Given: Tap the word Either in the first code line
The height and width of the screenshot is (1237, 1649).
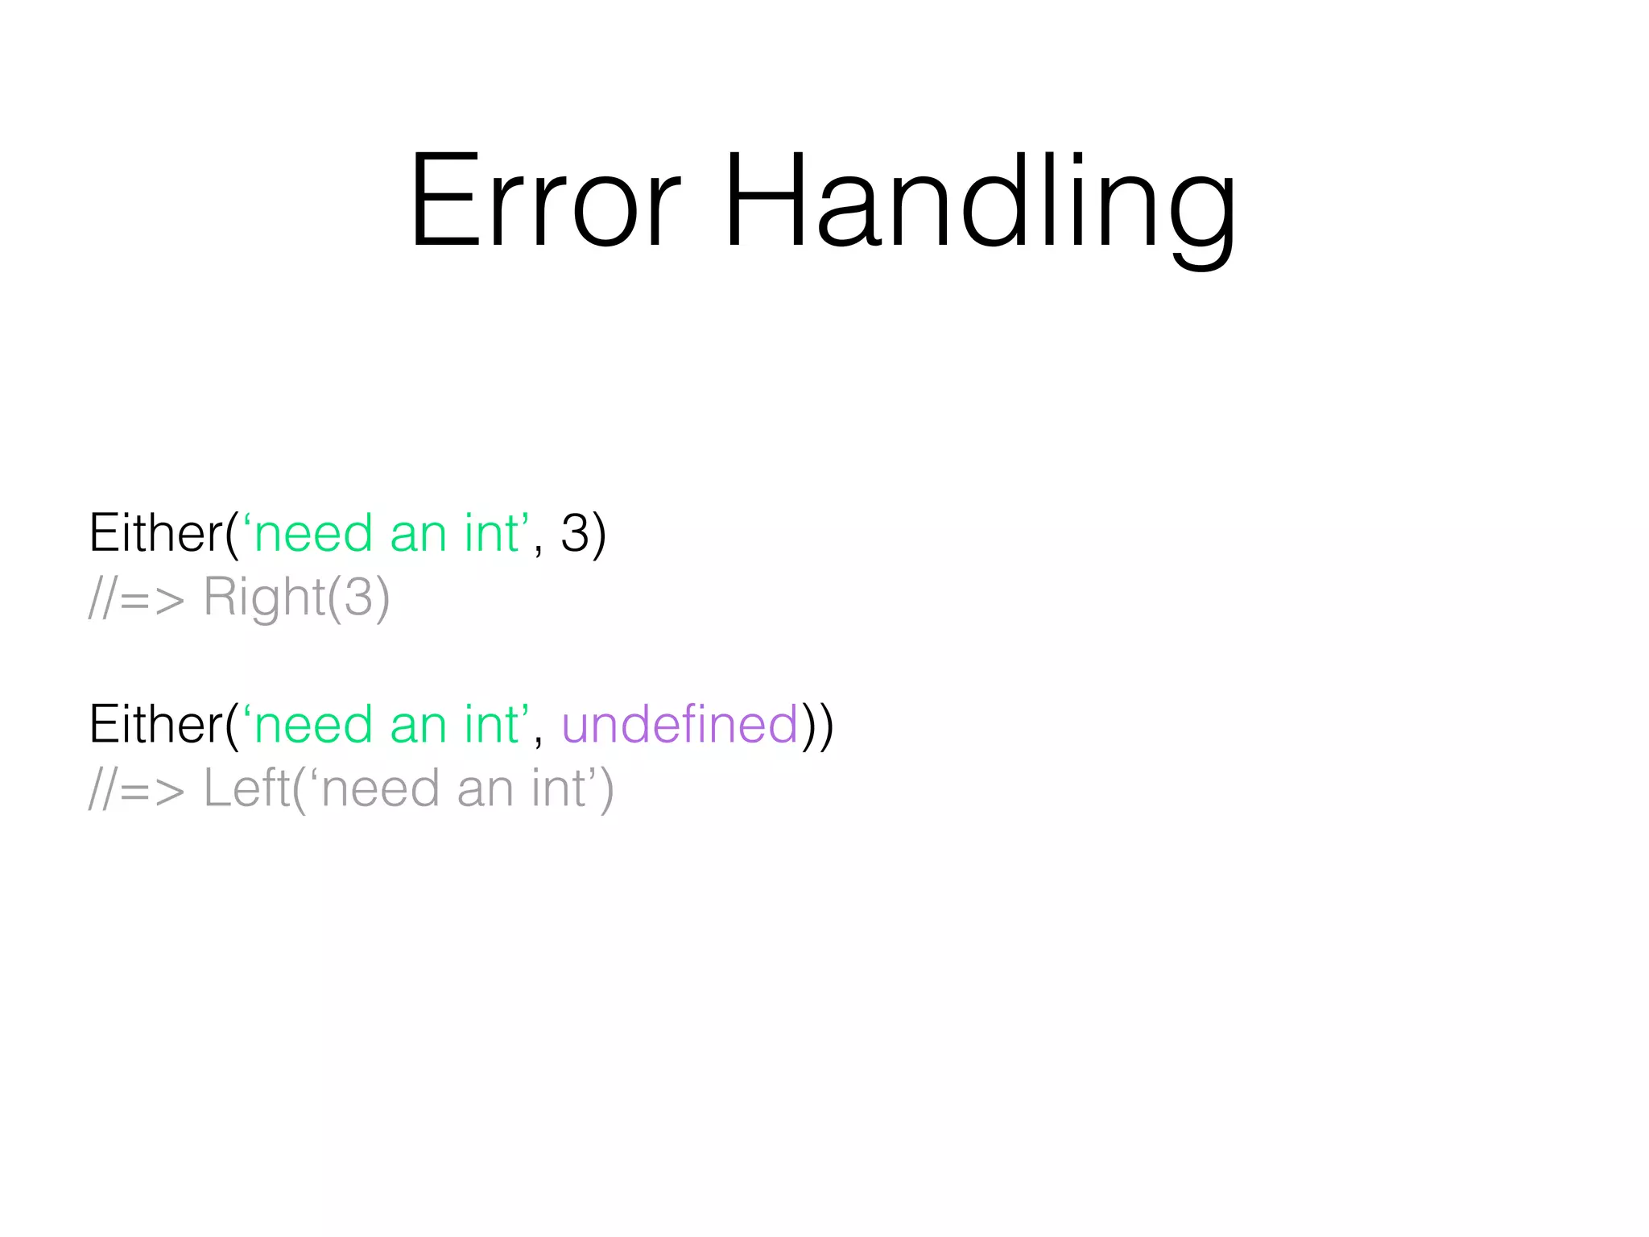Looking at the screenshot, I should pyautogui.click(x=155, y=533).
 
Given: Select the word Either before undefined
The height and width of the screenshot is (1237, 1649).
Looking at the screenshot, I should pyautogui.click(x=155, y=724).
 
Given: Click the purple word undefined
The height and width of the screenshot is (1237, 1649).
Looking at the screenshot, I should pyautogui.click(x=680, y=724).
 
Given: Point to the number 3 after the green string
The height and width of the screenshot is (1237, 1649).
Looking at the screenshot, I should pyautogui.click(x=575, y=533).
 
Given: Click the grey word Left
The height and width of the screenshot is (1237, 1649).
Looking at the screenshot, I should pyautogui.click(x=246, y=788).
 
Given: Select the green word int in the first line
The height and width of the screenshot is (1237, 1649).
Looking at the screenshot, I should pyautogui.click(x=491, y=533).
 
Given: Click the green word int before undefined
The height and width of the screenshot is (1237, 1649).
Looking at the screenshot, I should pyautogui.click(x=491, y=724).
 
